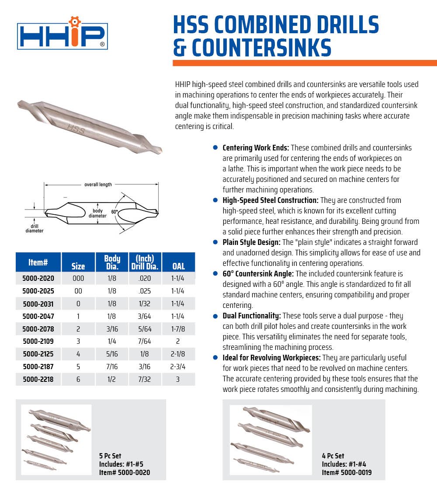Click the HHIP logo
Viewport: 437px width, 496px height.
62,35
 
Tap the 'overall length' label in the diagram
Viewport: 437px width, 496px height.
98,185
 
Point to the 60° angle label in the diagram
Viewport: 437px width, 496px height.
115,212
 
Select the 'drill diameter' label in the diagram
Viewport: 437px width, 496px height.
34,228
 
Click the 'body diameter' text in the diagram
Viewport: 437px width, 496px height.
97,213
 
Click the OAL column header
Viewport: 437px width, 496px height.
178,266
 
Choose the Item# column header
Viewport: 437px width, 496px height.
38,262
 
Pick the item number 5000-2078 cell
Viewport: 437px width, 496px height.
38,328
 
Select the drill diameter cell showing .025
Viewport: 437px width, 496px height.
145,291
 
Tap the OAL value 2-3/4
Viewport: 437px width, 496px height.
178,367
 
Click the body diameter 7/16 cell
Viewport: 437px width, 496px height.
112,367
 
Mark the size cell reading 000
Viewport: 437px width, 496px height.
78,278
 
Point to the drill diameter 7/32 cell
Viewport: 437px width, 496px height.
145,379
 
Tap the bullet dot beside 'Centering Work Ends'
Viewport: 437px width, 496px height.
215,148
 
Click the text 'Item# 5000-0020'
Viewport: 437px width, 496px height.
125,472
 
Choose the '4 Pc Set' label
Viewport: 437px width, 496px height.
333,456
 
